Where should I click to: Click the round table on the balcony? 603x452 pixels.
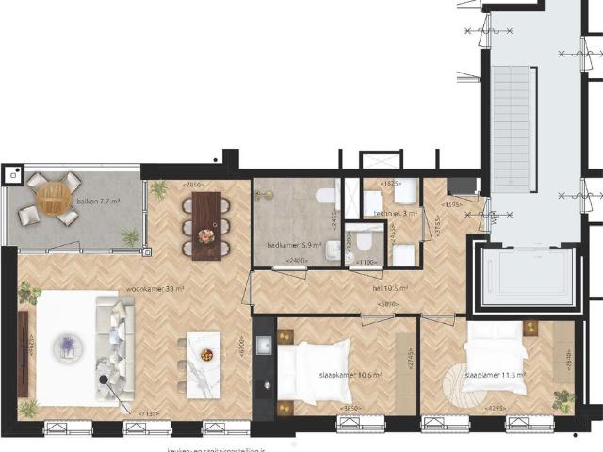point(47,199)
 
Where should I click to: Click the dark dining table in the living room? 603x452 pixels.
point(207,225)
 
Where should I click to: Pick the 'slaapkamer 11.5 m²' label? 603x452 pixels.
point(494,374)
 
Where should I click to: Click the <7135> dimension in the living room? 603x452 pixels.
point(149,412)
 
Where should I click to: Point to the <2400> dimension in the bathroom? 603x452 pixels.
point(296,260)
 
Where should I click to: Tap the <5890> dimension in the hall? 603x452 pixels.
point(385,303)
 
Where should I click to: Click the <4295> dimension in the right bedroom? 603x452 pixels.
point(494,409)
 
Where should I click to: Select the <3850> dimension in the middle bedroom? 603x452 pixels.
point(350,409)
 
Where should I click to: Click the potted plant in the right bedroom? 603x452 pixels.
point(562,396)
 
